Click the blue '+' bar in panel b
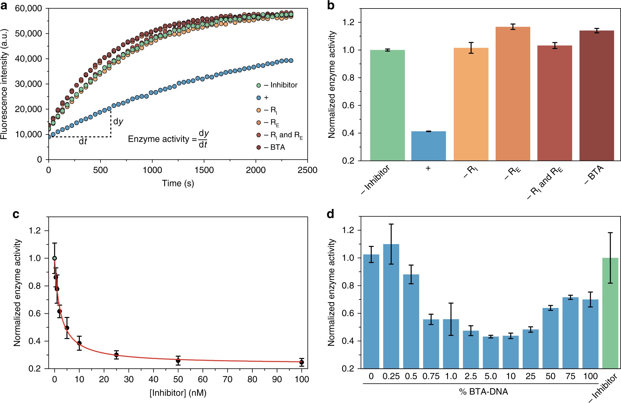428,146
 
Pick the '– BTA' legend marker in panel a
259,147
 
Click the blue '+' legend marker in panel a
259,98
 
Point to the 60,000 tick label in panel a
29,8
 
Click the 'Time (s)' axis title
178,183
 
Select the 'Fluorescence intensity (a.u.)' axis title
4,84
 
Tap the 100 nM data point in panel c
301,362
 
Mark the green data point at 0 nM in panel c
55,258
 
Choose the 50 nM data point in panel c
178,361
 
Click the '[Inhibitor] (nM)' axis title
178,393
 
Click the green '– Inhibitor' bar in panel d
610,313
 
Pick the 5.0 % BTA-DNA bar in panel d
491,352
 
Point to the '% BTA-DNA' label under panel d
484,391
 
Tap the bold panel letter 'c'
16,214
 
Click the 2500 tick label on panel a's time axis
307,170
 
